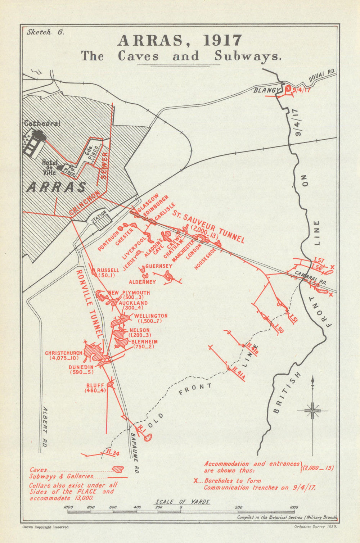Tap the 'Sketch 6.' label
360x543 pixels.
pyautogui.click(x=45, y=32)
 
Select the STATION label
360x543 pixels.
pyautogui.click(x=99, y=217)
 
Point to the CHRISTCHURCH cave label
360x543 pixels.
pyautogui.click(x=63, y=353)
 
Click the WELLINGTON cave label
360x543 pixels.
pyautogui.click(x=150, y=316)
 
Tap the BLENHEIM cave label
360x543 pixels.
pyautogui.click(x=144, y=342)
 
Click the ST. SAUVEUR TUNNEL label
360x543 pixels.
pyautogui.click(x=208, y=228)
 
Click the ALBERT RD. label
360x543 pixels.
pyautogui.click(x=45, y=427)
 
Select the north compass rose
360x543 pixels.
pyautogui.click(x=313, y=410)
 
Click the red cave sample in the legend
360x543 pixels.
pyautogui.click(x=118, y=469)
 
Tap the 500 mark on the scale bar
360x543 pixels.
pyautogui.click(x=239, y=507)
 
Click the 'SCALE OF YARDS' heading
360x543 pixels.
pyautogui.click(x=183, y=502)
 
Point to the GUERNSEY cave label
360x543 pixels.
pyautogui.click(x=159, y=266)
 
